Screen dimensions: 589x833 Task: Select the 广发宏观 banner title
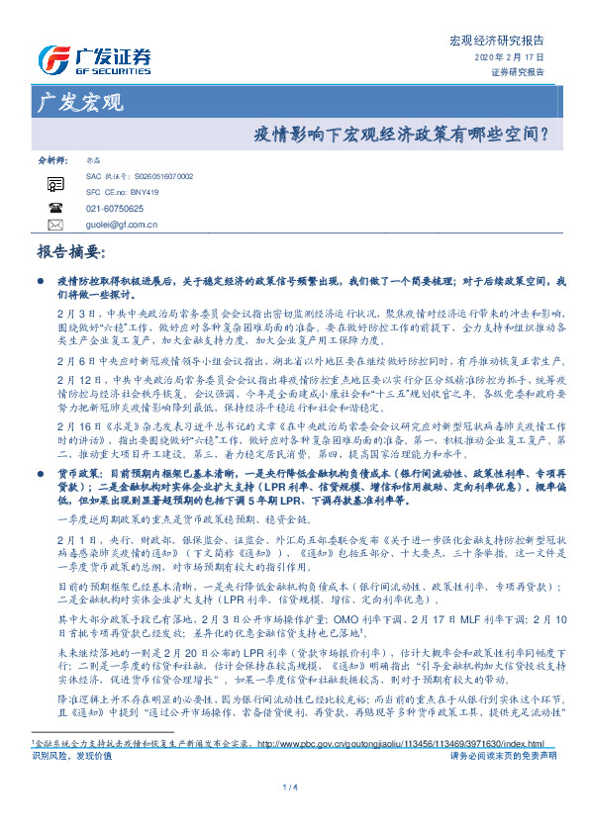click(79, 103)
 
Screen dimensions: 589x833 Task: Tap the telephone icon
click(54, 209)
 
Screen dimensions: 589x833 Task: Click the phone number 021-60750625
click(115, 209)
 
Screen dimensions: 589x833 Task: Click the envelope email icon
click(54, 226)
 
